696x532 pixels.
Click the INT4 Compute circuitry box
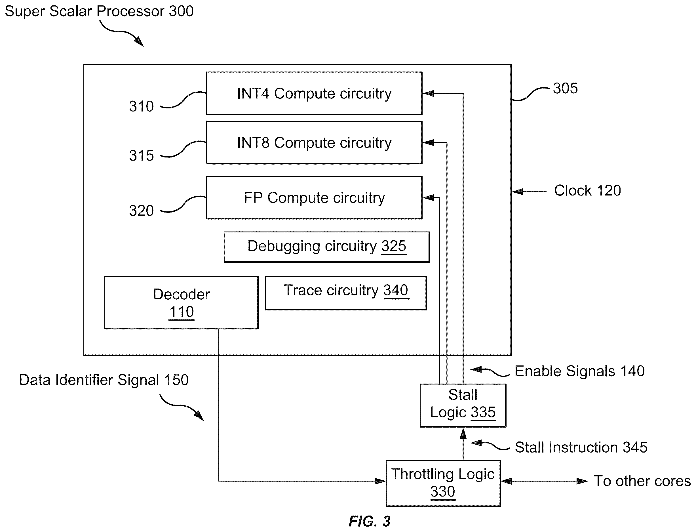(x=314, y=93)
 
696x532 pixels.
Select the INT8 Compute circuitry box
(x=314, y=142)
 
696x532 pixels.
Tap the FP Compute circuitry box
(x=314, y=197)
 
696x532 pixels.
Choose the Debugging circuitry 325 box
(x=327, y=247)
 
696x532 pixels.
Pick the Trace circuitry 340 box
(x=346, y=293)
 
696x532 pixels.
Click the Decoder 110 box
(x=181, y=302)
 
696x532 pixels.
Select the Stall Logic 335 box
(x=463, y=406)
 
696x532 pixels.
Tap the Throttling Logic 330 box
(x=443, y=483)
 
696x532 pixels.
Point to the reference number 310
(x=141, y=106)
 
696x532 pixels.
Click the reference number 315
(x=141, y=156)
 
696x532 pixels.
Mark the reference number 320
(x=141, y=211)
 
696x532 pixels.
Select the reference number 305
(x=565, y=88)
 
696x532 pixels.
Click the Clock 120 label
(x=587, y=191)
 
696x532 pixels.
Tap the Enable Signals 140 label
(x=579, y=371)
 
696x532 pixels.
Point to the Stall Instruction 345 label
(x=581, y=447)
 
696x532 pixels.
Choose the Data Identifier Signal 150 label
(x=104, y=380)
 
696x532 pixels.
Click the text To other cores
(x=642, y=481)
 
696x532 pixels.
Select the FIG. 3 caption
(x=369, y=521)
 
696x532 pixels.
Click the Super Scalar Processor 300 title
(x=99, y=11)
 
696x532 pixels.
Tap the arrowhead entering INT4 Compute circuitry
(x=428, y=93)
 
